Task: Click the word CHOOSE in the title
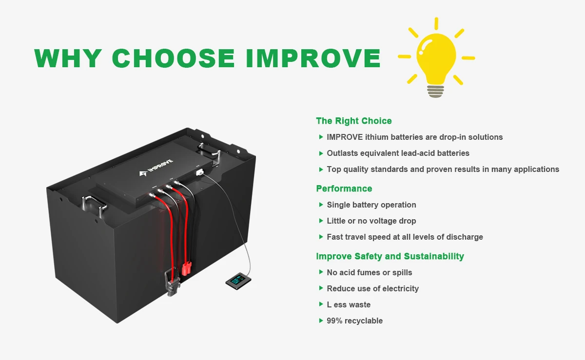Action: pyautogui.click(x=174, y=58)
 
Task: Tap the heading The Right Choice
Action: pyautogui.click(x=353, y=121)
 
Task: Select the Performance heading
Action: pyautogui.click(x=344, y=189)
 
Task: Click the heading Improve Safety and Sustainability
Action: pyautogui.click(x=390, y=256)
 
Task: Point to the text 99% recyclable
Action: pyautogui.click(x=354, y=321)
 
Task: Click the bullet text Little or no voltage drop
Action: pyautogui.click(x=371, y=221)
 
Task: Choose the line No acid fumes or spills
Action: pyautogui.click(x=369, y=272)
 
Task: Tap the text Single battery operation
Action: pyautogui.click(x=371, y=205)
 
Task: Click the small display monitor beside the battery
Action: pyautogui.click(x=237, y=281)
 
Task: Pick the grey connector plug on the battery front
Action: pyautogui.click(x=172, y=283)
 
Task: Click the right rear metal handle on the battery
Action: pyautogui.click(x=207, y=149)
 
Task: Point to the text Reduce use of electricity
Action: pyautogui.click(x=372, y=288)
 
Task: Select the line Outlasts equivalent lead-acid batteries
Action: pyautogui.click(x=398, y=153)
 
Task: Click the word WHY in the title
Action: pyautogui.click(x=68, y=58)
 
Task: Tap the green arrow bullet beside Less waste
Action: pyautogui.click(x=321, y=304)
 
